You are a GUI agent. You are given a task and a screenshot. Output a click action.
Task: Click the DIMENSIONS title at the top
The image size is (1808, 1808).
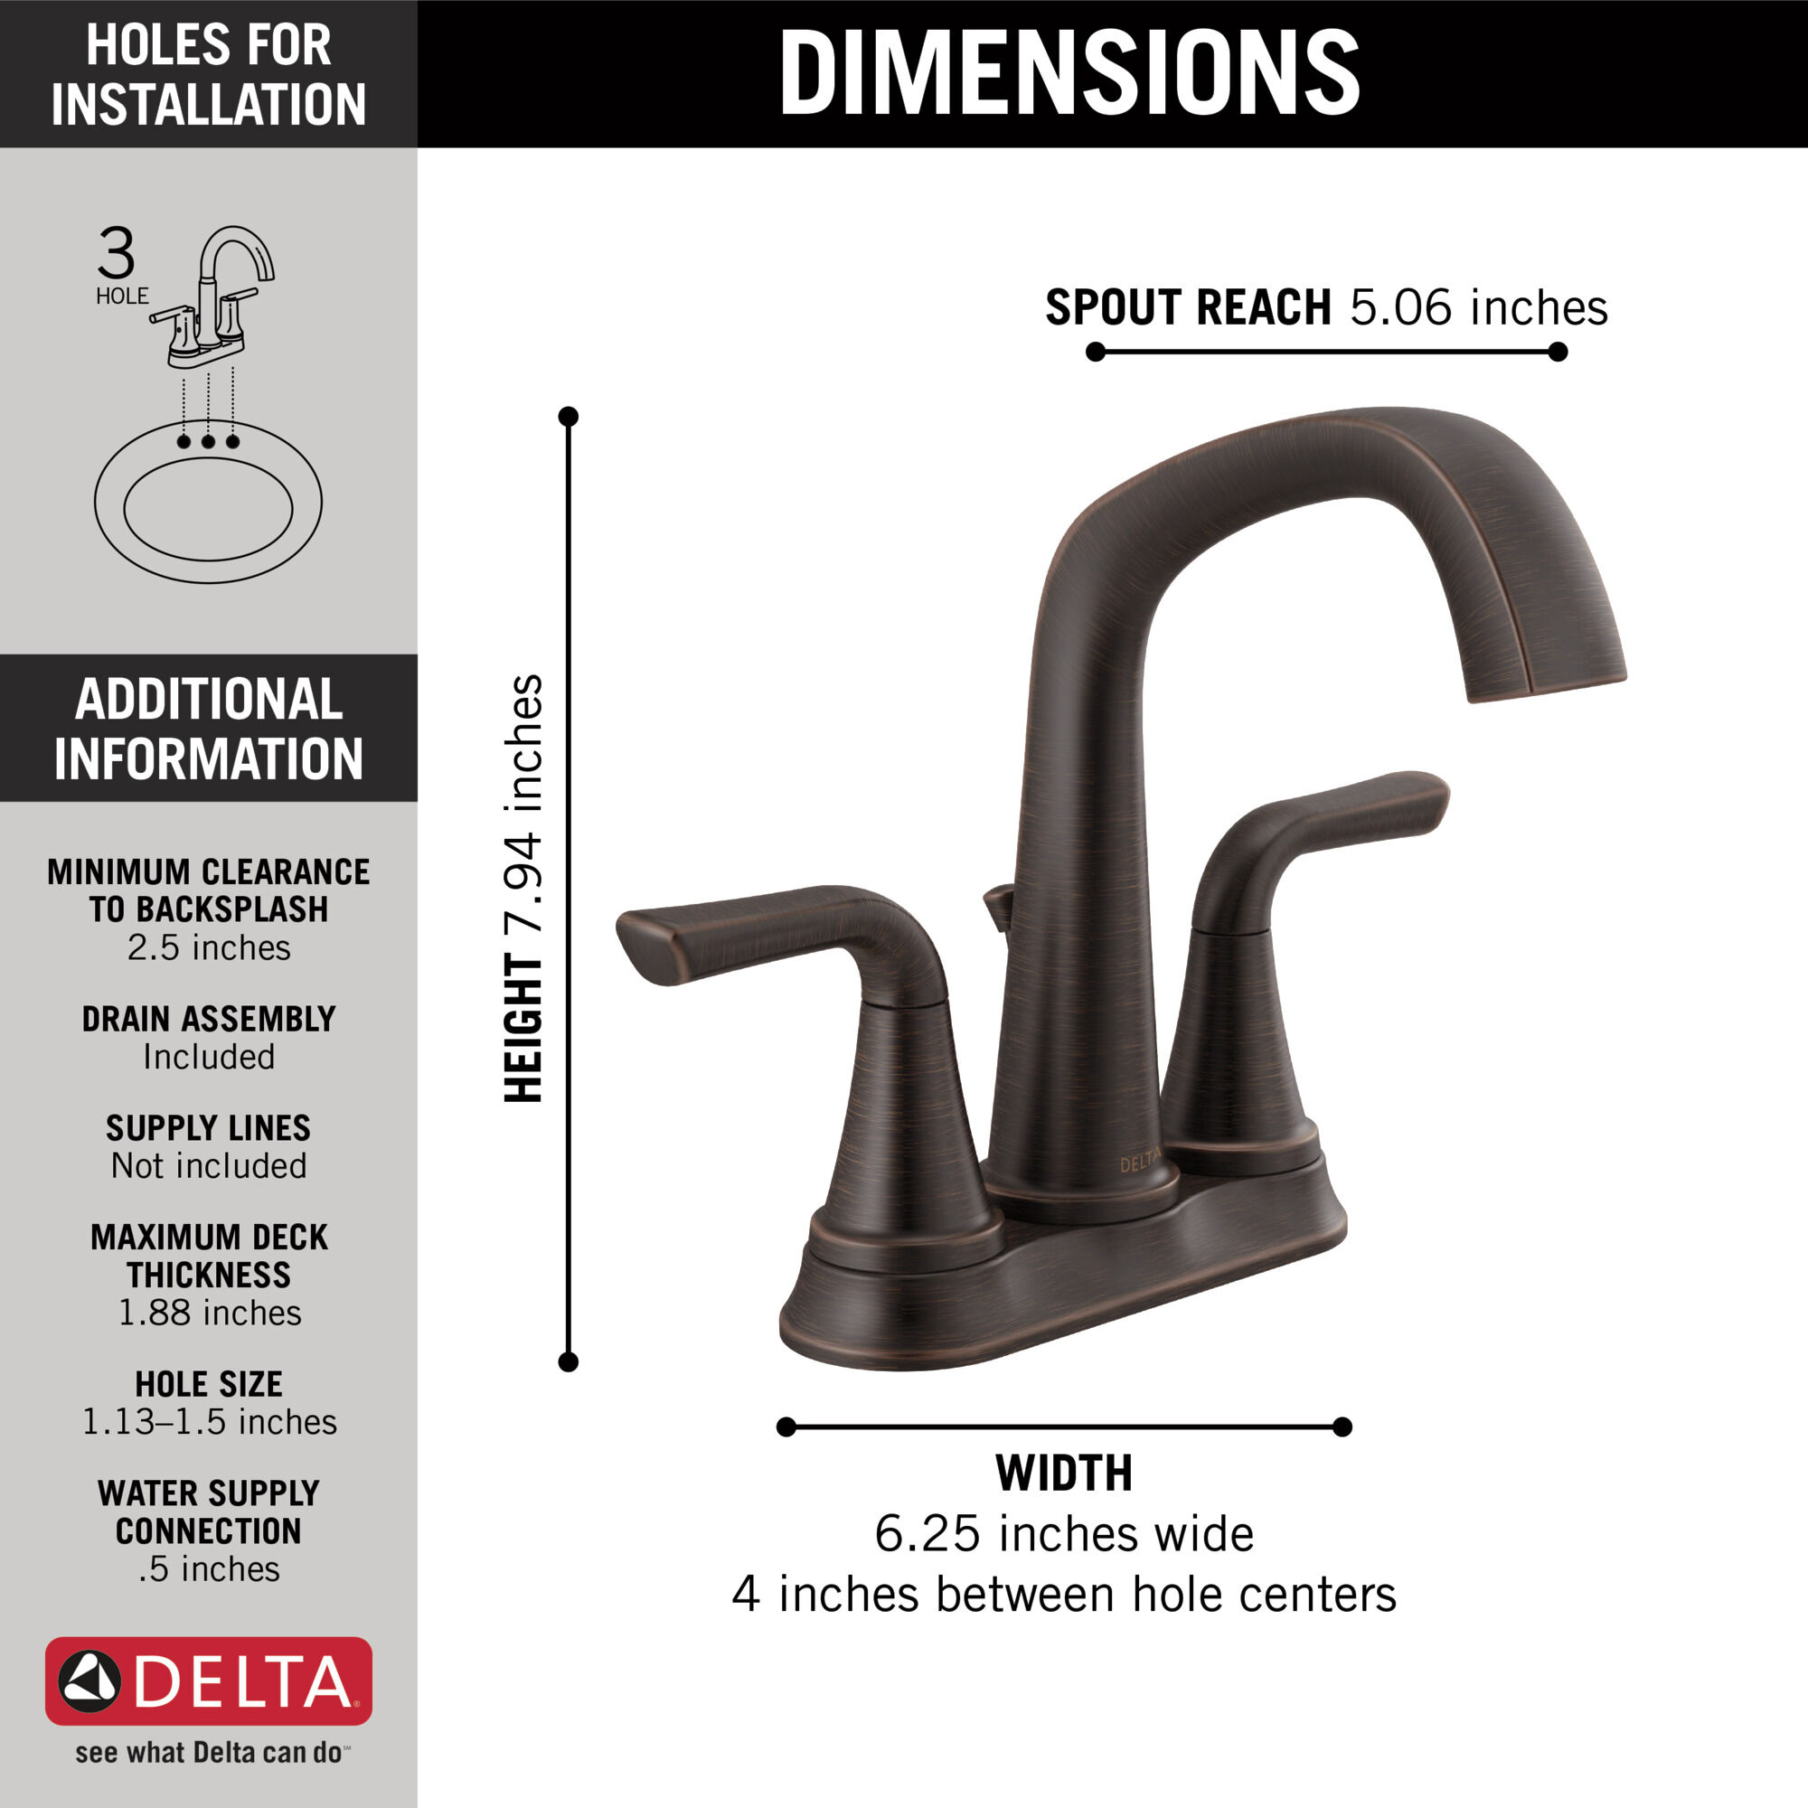point(1068,73)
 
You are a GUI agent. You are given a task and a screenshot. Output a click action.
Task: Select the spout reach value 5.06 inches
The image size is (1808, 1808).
point(1479,307)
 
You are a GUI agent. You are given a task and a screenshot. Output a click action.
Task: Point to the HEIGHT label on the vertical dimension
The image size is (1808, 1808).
point(523,1029)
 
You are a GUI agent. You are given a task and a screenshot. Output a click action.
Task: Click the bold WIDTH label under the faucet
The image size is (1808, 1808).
point(1064,1473)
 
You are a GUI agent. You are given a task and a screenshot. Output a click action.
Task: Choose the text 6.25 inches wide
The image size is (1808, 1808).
point(1064,1534)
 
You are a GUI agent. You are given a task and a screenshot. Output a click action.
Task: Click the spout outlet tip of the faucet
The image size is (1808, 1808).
point(1544,683)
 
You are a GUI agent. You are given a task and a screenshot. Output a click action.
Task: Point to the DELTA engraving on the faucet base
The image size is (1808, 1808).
point(1140,1163)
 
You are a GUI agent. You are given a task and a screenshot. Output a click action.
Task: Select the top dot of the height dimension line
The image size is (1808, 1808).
point(568,417)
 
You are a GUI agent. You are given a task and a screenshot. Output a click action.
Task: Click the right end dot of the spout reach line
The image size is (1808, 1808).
point(1558,352)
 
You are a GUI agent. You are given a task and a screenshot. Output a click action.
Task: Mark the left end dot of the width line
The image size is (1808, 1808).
point(786,1427)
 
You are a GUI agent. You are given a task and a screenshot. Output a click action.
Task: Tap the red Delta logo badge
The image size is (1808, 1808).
point(209,1681)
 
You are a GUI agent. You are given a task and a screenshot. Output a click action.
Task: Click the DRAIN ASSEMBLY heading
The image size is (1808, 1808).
point(209,1018)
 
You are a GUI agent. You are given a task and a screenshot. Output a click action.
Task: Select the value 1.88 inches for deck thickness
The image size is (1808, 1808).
point(209,1313)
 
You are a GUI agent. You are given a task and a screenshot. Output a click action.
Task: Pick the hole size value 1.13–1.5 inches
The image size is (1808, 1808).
point(209,1421)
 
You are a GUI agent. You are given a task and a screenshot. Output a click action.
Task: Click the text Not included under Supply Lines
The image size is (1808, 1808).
point(209,1166)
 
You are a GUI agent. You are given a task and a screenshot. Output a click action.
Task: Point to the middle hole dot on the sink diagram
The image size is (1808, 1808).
point(208,441)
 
